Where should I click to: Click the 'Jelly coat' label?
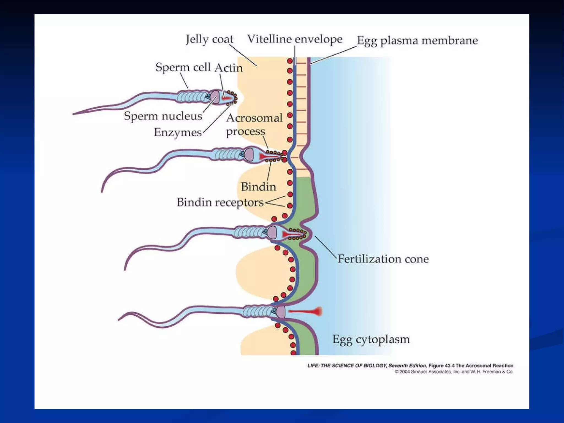click(x=209, y=39)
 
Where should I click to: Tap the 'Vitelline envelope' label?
click(x=295, y=39)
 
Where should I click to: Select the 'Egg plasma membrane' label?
click(x=417, y=40)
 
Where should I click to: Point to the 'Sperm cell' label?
click(x=183, y=67)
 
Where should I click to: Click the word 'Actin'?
click(x=229, y=68)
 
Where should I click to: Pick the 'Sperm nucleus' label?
click(x=163, y=116)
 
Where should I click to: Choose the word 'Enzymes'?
click(x=178, y=132)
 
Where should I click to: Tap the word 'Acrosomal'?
click(x=254, y=118)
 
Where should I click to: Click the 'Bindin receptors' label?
click(x=220, y=202)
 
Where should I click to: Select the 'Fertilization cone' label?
click(x=383, y=259)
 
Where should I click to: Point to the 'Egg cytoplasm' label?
click(x=371, y=339)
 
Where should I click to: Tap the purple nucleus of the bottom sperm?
click(x=281, y=312)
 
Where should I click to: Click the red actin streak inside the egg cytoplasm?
click(x=306, y=311)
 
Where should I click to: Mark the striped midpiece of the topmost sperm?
click(x=191, y=97)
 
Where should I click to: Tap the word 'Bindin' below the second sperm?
click(x=258, y=187)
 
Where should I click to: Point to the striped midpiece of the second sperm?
click(x=227, y=154)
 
